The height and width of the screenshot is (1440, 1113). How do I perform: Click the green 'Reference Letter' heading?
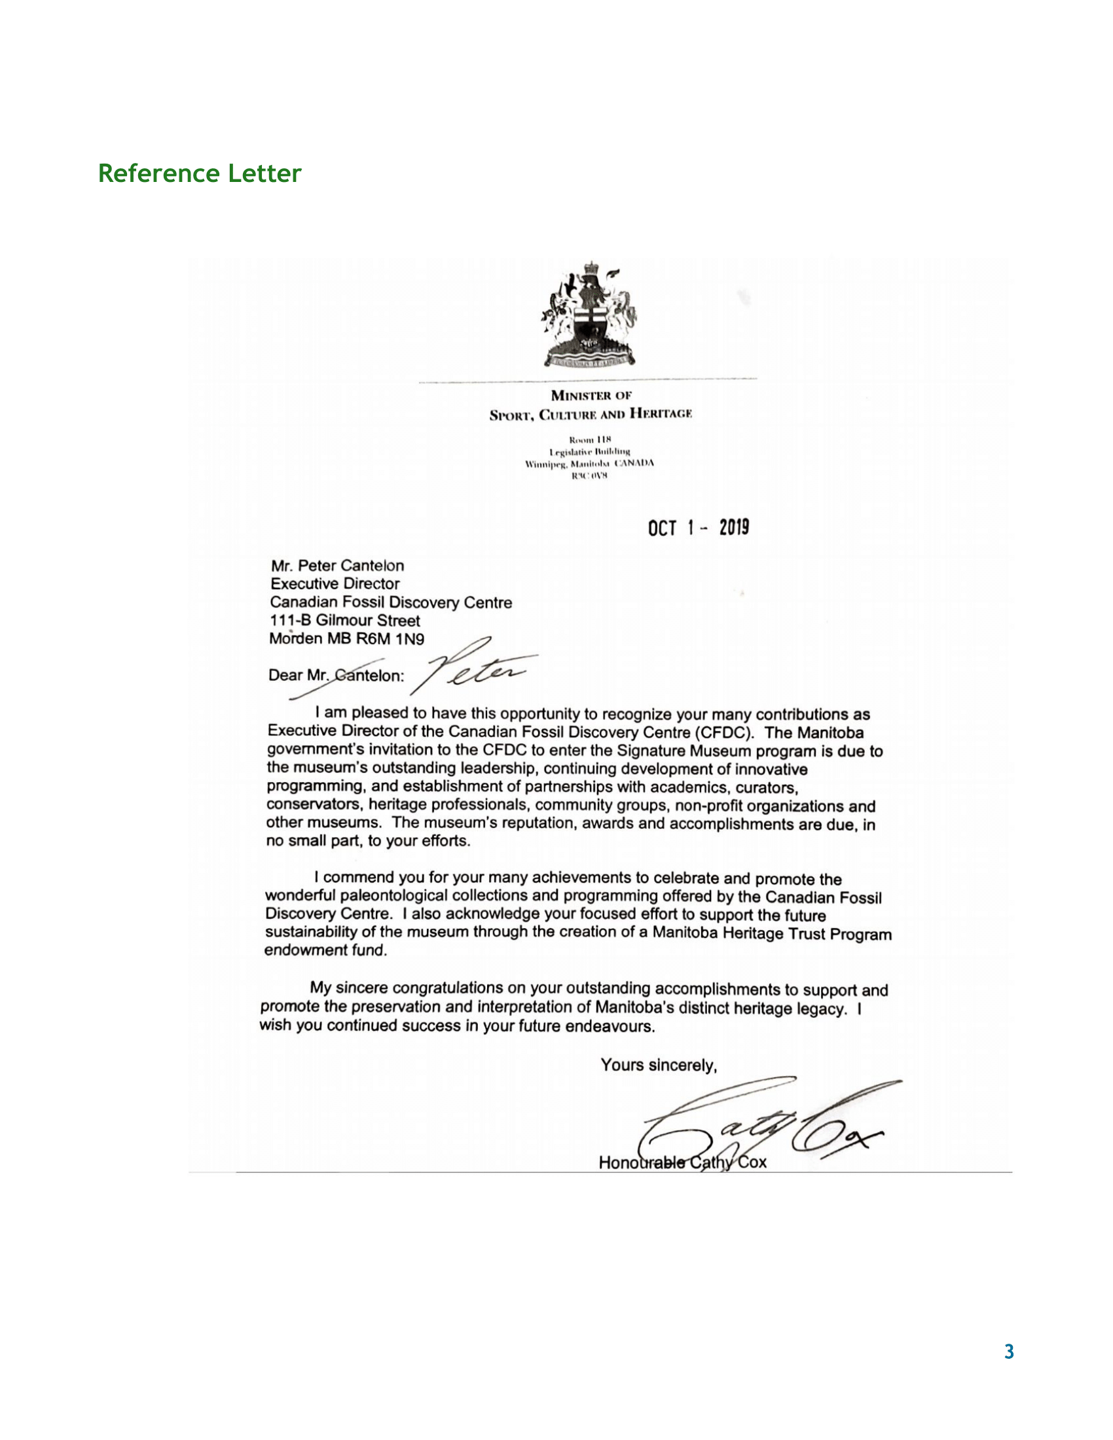coord(199,173)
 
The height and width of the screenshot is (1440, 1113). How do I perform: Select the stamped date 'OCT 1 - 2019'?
coord(699,528)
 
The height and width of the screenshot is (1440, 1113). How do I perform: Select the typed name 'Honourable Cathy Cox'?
coord(682,1162)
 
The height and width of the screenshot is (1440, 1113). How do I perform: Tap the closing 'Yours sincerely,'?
coord(658,1065)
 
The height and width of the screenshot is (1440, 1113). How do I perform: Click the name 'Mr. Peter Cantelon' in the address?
coord(337,566)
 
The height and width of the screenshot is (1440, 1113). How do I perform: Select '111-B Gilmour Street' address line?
coord(344,621)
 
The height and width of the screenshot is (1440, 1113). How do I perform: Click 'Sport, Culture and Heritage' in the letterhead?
coord(590,414)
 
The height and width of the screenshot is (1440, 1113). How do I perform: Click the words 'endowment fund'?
coord(325,950)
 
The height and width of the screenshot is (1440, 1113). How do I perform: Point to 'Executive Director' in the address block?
coord(335,583)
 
